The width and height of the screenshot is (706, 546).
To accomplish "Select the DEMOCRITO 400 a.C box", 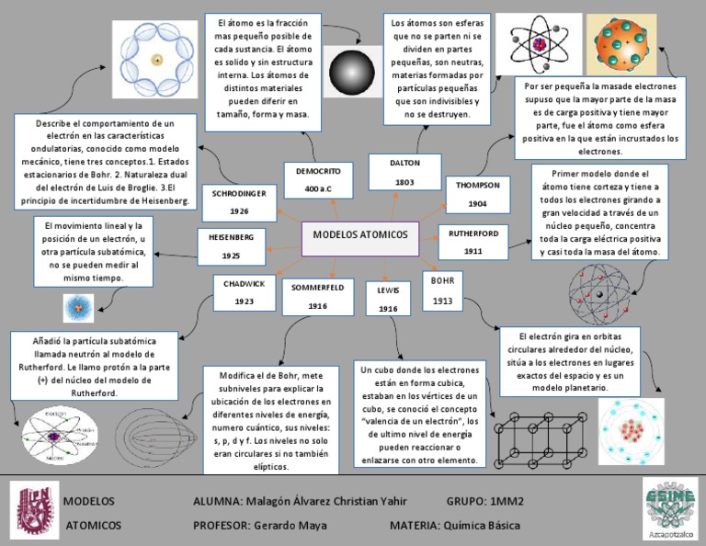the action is coord(318,180).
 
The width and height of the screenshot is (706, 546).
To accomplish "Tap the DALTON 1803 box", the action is coord(404,172).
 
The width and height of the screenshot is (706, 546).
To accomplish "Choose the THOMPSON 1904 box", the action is coord(477,194).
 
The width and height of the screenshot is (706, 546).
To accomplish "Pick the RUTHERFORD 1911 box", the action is coord(473,242).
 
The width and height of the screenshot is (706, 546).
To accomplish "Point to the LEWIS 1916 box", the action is coord(388,299).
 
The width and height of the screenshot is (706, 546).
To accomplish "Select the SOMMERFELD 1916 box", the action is coord(318,296).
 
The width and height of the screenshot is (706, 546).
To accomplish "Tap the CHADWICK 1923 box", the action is coord(244,292).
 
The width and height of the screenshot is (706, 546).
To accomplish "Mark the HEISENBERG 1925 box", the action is coord(231,245).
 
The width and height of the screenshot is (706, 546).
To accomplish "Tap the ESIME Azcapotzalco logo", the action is coord(668,508).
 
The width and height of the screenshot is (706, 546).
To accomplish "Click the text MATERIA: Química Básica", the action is coord(455,526).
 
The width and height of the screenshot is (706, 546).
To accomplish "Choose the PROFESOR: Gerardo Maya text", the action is coord(251,526).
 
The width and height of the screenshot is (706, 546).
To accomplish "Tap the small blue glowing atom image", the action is coord(78,307).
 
